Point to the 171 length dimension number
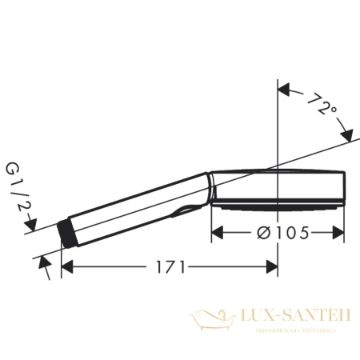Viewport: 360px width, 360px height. (169, 266)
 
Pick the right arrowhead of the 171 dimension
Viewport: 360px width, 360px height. (271, 266)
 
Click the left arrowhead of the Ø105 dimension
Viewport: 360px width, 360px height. (217, 232)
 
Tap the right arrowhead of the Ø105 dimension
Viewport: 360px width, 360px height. (340, 232)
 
